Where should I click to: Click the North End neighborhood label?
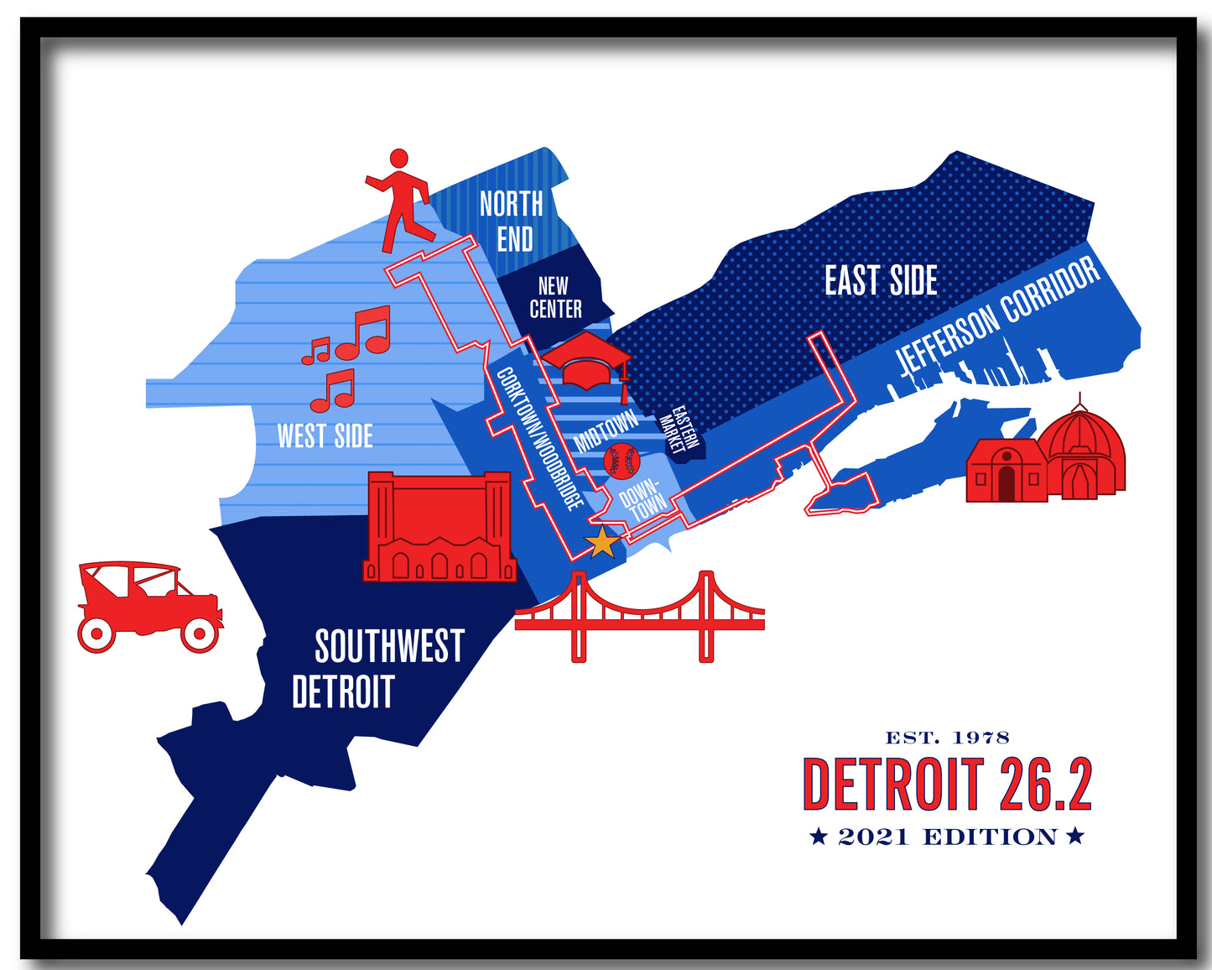coord(512,221)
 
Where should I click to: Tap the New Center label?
coord(555,298)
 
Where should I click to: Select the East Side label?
coord(881,281)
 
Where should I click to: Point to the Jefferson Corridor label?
coord(997,316)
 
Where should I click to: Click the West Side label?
coord(325,436)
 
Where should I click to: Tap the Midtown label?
coord(606,431)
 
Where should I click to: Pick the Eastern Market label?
coord(679,429)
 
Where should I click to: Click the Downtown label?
coord(642,500)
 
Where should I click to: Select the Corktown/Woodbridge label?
coord(540,439)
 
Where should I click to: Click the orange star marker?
coord(602,542)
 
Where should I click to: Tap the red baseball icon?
coord(622,461)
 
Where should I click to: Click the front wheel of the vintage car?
coord(200,634)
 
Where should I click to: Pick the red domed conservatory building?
coord(1083,454)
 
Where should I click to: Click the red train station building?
coord(439,528)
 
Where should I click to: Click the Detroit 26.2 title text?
coord(947,785)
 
